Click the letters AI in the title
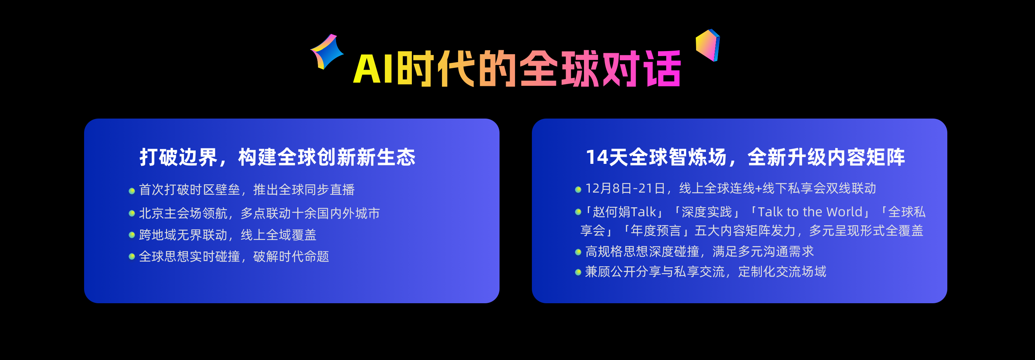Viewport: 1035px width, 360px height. tap(373, 69)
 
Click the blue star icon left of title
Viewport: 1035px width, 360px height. tap(327, 51)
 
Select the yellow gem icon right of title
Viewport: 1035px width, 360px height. tap(708, 45)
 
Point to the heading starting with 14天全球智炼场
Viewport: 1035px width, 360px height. tap(745, 157)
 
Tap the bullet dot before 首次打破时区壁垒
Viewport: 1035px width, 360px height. tap(132, 191)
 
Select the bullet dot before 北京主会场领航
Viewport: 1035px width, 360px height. tap(132, 213)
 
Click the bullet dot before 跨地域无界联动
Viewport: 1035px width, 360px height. tap(132, 235)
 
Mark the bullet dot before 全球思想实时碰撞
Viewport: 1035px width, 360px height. tap(132, 256)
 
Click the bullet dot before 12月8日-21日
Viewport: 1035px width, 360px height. tap(578, 189)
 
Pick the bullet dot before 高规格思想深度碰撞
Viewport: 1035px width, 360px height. tap(578, 252)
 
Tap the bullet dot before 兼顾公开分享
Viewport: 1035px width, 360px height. tap(578, 272)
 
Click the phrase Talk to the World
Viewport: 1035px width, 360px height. tap(810, 212)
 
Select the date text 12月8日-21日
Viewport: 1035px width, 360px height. tap(625, 188)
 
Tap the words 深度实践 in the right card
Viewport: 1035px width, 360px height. tap(707, 212)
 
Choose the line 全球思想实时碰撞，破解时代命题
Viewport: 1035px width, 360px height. tap(234, 256)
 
